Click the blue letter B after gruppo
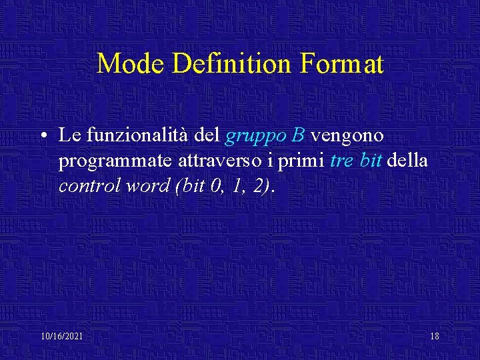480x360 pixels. point(298,136)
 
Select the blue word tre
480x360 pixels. point(341,161)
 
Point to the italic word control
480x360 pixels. point(85,185)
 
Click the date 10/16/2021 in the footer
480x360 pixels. point(61,336)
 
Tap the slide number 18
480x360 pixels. point(435,336)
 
